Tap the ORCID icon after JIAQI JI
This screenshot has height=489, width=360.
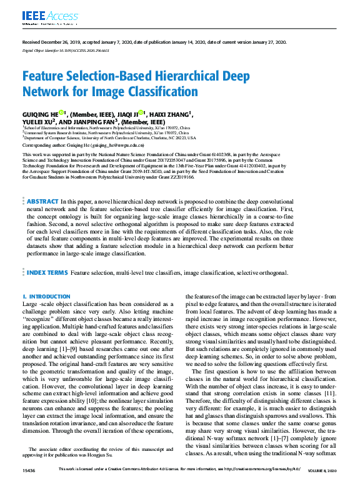(x=142, y=113)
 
